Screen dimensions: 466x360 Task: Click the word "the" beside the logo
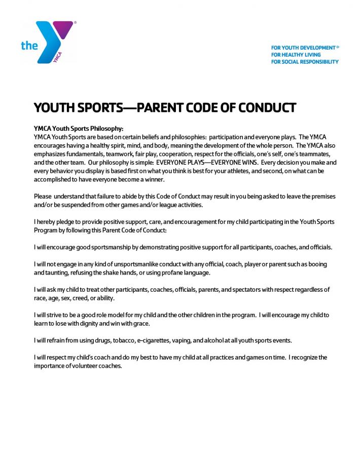click(29, 46)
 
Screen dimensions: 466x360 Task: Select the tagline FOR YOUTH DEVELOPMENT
click(304, 48)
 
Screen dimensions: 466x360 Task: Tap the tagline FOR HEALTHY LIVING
click(296, 55)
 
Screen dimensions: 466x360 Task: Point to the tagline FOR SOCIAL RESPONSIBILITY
click(304, 62)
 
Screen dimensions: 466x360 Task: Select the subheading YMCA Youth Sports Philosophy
click(78, 128)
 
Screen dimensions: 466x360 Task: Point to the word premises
click(322, 196)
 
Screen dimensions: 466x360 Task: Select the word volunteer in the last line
click(85, 366)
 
